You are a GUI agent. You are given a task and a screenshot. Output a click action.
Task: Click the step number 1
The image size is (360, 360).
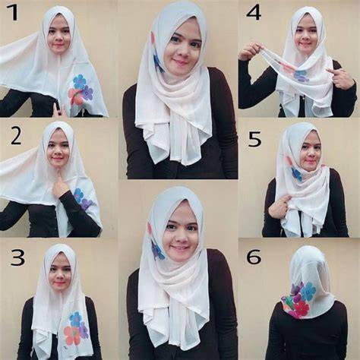click(13, 13)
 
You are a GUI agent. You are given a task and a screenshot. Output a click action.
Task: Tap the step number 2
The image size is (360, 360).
click(16, 137)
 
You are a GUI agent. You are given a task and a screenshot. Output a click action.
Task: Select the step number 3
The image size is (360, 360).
click(17, 257)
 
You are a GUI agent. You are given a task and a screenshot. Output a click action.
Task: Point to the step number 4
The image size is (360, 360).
click(254, 13)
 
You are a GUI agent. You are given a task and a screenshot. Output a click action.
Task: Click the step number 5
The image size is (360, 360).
click(254, 139)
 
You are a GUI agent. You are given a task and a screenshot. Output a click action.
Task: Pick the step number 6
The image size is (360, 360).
click(254, 257)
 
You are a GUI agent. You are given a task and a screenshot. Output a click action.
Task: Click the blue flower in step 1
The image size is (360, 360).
click(79, 81)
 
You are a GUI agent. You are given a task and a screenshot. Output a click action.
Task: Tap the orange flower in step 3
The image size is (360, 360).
click(72, 335)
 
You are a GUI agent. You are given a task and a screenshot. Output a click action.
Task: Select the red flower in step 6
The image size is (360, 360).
click(301, 308)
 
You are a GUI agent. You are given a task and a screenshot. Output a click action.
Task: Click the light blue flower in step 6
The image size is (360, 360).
click(308, 291)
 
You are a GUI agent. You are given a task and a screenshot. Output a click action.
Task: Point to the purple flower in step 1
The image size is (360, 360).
click(87, 93)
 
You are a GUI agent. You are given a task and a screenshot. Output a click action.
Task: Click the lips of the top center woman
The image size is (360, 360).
click(179, 62)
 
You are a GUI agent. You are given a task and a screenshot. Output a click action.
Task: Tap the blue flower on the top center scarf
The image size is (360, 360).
click(159, 62)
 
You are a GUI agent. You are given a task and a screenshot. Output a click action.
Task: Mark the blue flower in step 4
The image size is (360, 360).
click(302, 76)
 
